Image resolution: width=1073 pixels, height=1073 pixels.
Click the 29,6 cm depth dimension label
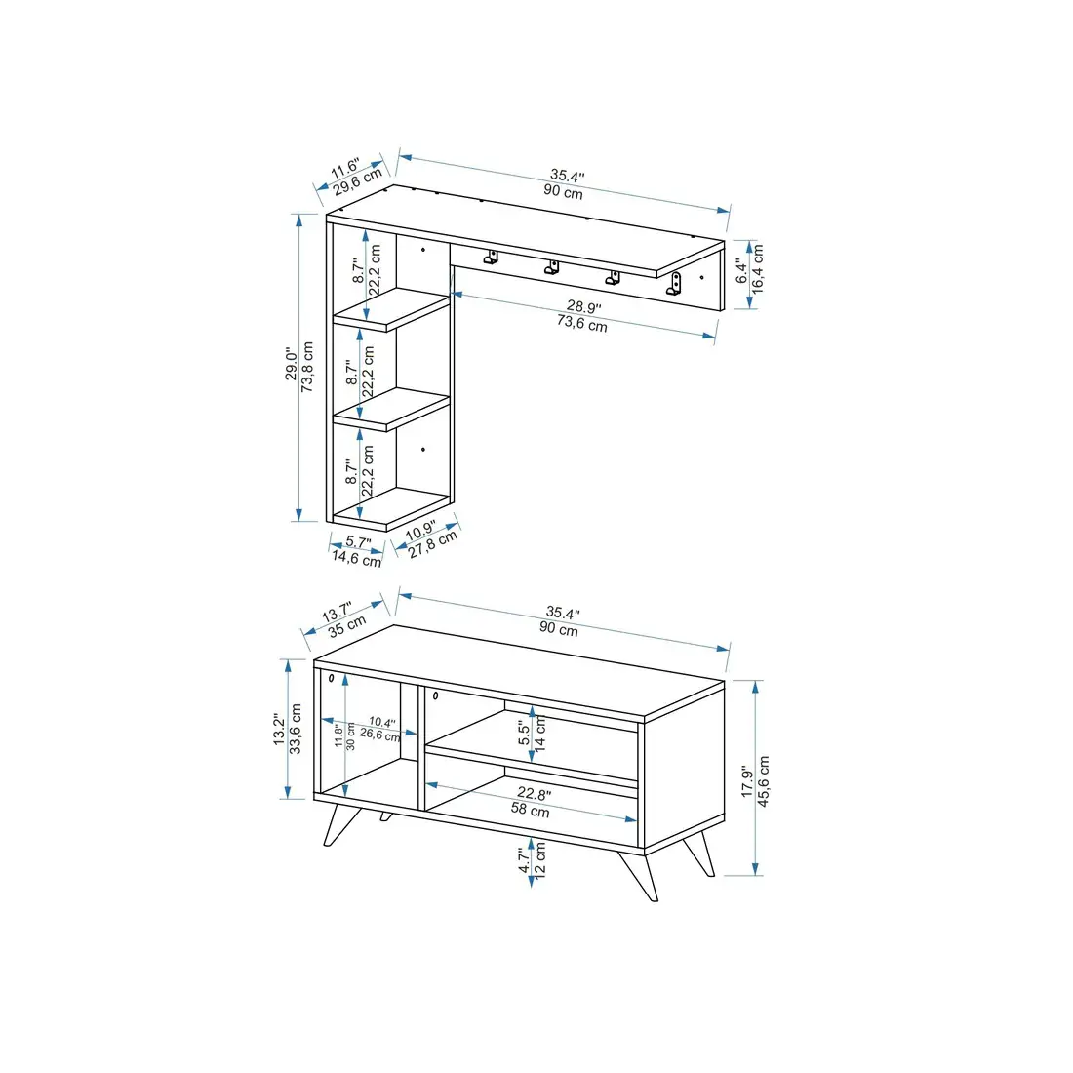click(356, 182)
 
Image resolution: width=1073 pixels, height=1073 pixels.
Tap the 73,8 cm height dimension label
click(308, 366)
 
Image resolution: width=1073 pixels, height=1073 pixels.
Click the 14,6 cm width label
click(356, 559)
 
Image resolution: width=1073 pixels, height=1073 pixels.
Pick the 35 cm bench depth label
click(347, 625)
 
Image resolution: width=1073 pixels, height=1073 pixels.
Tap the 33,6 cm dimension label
click(297, 728)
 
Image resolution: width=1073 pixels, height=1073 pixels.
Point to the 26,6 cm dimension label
click(379, 735)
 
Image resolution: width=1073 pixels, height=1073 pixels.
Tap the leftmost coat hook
click(492, 258)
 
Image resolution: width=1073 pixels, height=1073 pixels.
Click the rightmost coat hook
click(675, 285)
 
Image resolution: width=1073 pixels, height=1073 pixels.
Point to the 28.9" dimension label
click(584, 307)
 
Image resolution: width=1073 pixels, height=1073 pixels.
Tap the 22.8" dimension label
click(533, 793)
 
